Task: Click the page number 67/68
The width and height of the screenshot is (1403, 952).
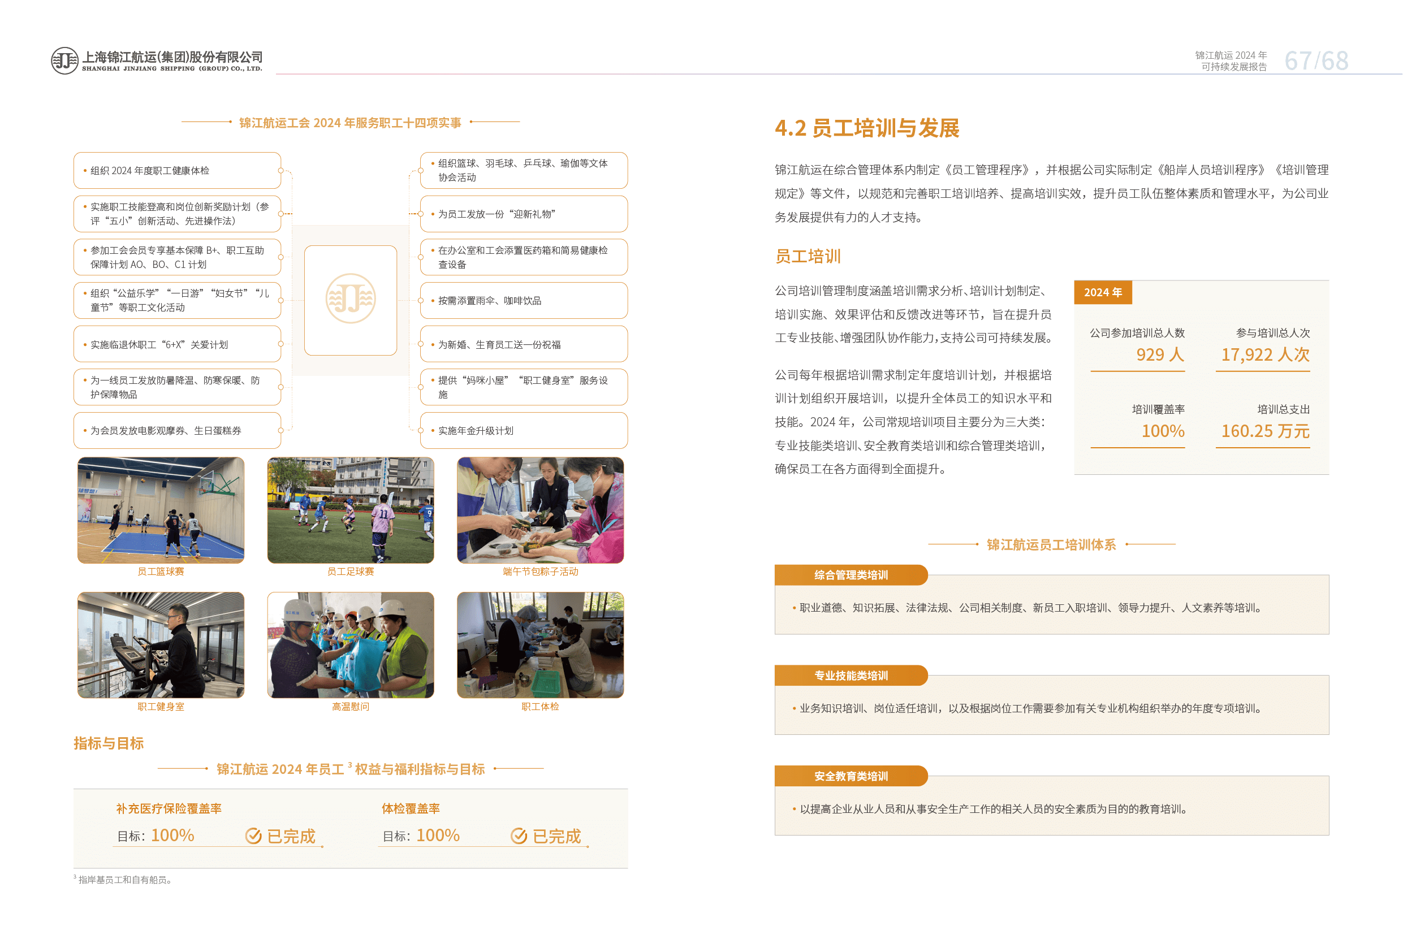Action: (1315, 61)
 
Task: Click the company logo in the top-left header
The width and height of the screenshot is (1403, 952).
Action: (64, 61)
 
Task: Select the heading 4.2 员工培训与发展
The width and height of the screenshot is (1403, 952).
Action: (867, 128)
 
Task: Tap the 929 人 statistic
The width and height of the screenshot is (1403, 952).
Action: (1160, 355)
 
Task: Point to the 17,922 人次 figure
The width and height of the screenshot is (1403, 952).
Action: (1265, 355)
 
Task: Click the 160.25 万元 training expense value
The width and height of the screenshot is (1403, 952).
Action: (1265, 431)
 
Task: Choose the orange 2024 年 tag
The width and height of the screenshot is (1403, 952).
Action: (1102, 292)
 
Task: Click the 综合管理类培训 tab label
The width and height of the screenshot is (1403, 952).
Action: (851, 575)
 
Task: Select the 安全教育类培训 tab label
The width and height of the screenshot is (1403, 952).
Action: (851, 776)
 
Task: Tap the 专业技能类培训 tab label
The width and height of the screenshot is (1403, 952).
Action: (851, 676)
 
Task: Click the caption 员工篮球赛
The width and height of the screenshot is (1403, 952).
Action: (161, 572)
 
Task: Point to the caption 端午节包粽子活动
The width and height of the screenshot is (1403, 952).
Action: (540, 572)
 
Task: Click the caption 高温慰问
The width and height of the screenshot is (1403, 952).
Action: (350, 707)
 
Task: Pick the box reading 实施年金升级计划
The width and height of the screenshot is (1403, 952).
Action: (524, 430)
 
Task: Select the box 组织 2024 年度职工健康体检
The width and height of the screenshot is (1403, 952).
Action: (178, 170)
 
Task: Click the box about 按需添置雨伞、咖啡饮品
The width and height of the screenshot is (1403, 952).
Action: (524, 301)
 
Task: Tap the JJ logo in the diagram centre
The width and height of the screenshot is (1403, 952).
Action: (350, 299)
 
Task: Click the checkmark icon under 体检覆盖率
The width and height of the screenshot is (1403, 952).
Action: (519, 836)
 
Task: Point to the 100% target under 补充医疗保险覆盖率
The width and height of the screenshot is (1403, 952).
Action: (172, 836)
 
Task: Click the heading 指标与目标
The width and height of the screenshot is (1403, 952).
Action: (109, 743)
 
